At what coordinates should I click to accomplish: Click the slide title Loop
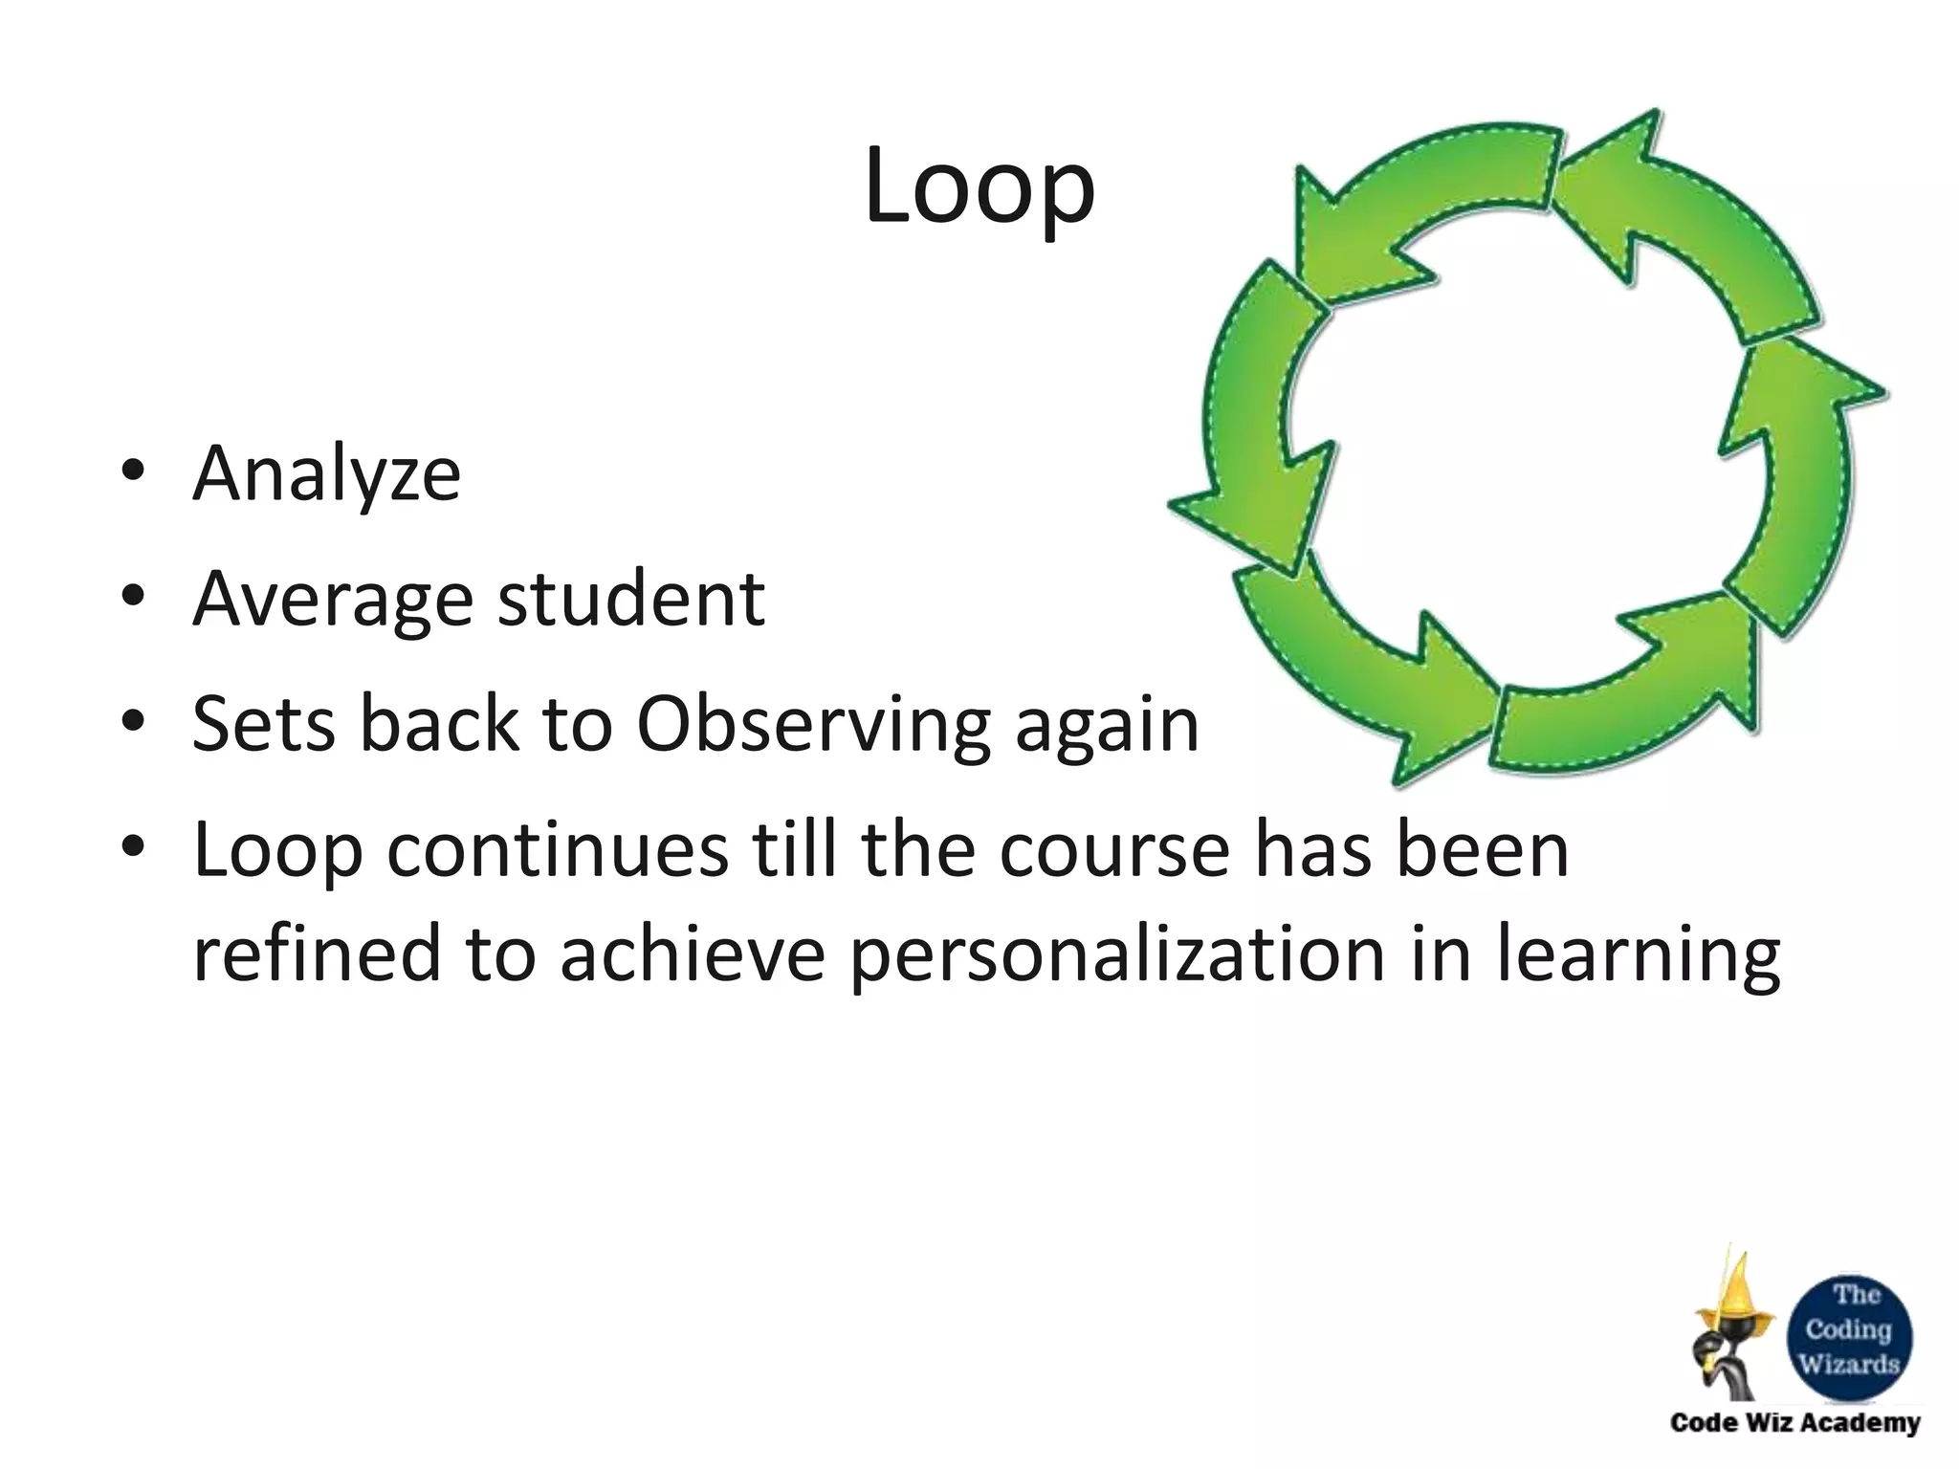[x=979, y=189]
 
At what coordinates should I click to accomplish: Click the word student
[x=631, y=599]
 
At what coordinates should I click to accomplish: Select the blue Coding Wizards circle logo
[x=1849, y=1330]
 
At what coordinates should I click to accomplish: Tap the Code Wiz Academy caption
[x=1794, y=1423]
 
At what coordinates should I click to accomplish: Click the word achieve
[x=692, y=954]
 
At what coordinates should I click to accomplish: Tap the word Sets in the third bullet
[x=264, y=724]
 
